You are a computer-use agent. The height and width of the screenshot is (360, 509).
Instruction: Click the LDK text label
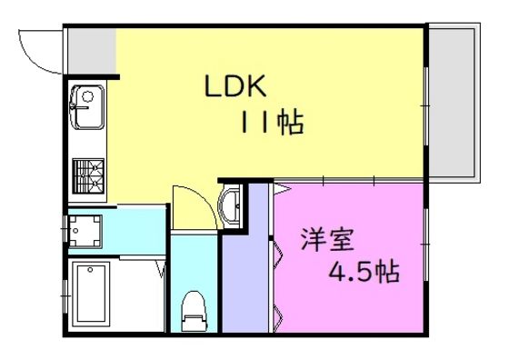coord(235,86)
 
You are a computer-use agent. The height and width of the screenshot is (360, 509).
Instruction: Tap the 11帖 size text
coord(272,123)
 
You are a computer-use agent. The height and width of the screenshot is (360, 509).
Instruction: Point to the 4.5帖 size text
coord(364,272)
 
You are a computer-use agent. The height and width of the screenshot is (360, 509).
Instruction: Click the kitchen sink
coord(87,107)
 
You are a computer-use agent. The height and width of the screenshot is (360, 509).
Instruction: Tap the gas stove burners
coord(88,176)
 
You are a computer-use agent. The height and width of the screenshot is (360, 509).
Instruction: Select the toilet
coord(195,311)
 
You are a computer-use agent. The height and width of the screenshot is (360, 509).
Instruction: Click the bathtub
coord(91,295)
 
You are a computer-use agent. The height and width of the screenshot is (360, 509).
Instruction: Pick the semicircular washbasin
coord(230,205)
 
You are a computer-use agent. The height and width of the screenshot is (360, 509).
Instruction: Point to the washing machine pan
coord(85,231)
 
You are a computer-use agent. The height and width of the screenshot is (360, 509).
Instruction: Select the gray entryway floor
coord(92,51)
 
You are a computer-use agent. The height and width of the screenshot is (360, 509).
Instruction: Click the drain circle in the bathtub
coord(90,270)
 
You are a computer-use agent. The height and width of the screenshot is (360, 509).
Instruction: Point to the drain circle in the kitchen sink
coord(87,96)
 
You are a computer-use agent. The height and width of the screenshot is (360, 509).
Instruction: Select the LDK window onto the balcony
coord(426,106)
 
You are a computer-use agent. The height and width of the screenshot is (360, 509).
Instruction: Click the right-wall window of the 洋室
coord(426,245)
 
